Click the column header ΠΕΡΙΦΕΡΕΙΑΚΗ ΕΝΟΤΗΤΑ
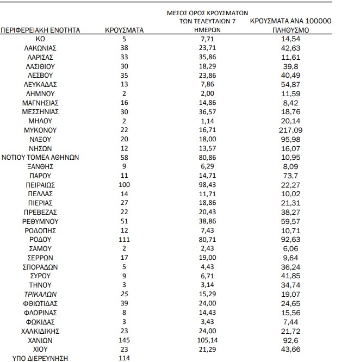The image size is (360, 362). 41,30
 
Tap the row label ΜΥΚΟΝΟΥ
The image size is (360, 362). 40,130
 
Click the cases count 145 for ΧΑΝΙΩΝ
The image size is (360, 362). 124,340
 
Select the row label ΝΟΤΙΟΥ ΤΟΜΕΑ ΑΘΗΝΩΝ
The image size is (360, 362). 41,157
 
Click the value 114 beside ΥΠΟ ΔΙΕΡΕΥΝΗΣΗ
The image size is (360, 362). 124,358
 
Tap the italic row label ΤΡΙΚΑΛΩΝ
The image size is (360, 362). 40,294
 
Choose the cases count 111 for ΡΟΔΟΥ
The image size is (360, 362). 124,239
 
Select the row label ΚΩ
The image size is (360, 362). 40,40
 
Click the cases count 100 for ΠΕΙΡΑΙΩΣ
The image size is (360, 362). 124,185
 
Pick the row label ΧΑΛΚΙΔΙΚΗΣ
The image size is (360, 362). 40,330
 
